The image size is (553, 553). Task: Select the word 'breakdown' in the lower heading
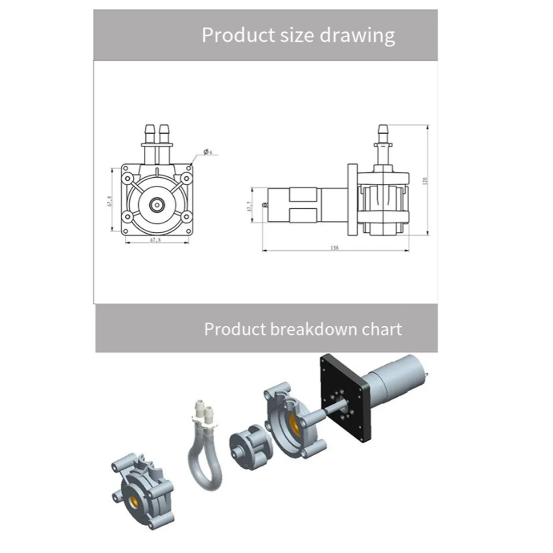pos(314,329)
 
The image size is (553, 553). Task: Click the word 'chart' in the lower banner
pos(382,329)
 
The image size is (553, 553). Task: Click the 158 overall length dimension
pos(335,248)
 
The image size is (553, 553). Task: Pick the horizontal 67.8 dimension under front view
pos(156,240)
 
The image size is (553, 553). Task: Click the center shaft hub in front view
pos(157,203)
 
